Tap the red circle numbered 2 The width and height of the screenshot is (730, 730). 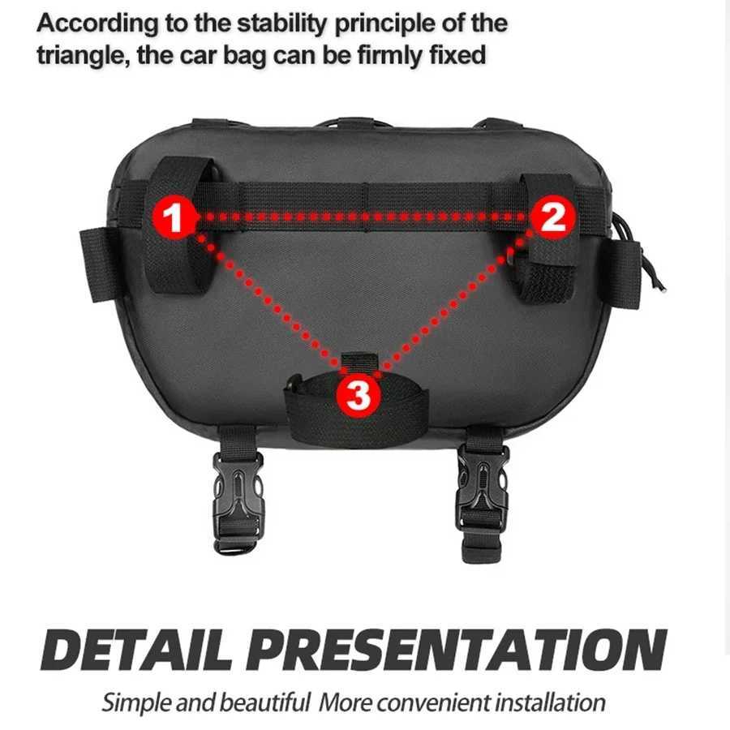(x=552, y=217)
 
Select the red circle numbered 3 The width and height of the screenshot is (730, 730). (x=359, y=395)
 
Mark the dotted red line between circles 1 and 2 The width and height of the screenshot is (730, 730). (x=361, y=217)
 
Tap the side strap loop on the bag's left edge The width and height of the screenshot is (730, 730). (x=96, y=264)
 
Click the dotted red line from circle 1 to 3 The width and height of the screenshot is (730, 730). (x=264, y=304)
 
